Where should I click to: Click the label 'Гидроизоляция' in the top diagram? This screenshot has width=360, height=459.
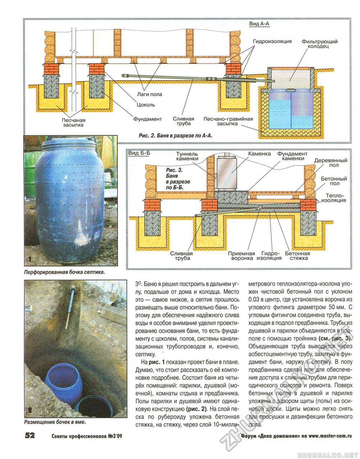click(272, 41)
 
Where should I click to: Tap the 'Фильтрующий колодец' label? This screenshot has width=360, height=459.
click(319, 44)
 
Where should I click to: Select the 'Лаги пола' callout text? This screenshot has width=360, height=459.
click(150, 94)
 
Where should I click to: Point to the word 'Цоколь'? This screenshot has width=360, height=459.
click(145, 105)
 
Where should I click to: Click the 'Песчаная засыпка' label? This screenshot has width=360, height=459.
click(73, 122)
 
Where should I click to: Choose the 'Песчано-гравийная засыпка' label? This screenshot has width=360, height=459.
click(228, 121)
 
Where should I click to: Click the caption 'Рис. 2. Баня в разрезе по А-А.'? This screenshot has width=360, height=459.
click(176, 136)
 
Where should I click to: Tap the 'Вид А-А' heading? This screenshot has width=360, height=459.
click(259, 23)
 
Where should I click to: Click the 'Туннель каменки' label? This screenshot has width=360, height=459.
click(187, 156)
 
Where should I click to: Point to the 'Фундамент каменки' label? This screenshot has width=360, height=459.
click(292, 156)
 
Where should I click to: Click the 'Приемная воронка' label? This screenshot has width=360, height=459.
click(241, 256)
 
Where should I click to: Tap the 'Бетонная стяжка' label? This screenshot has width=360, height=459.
click(297, 256)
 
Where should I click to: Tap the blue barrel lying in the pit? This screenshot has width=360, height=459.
click(64, 381)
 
